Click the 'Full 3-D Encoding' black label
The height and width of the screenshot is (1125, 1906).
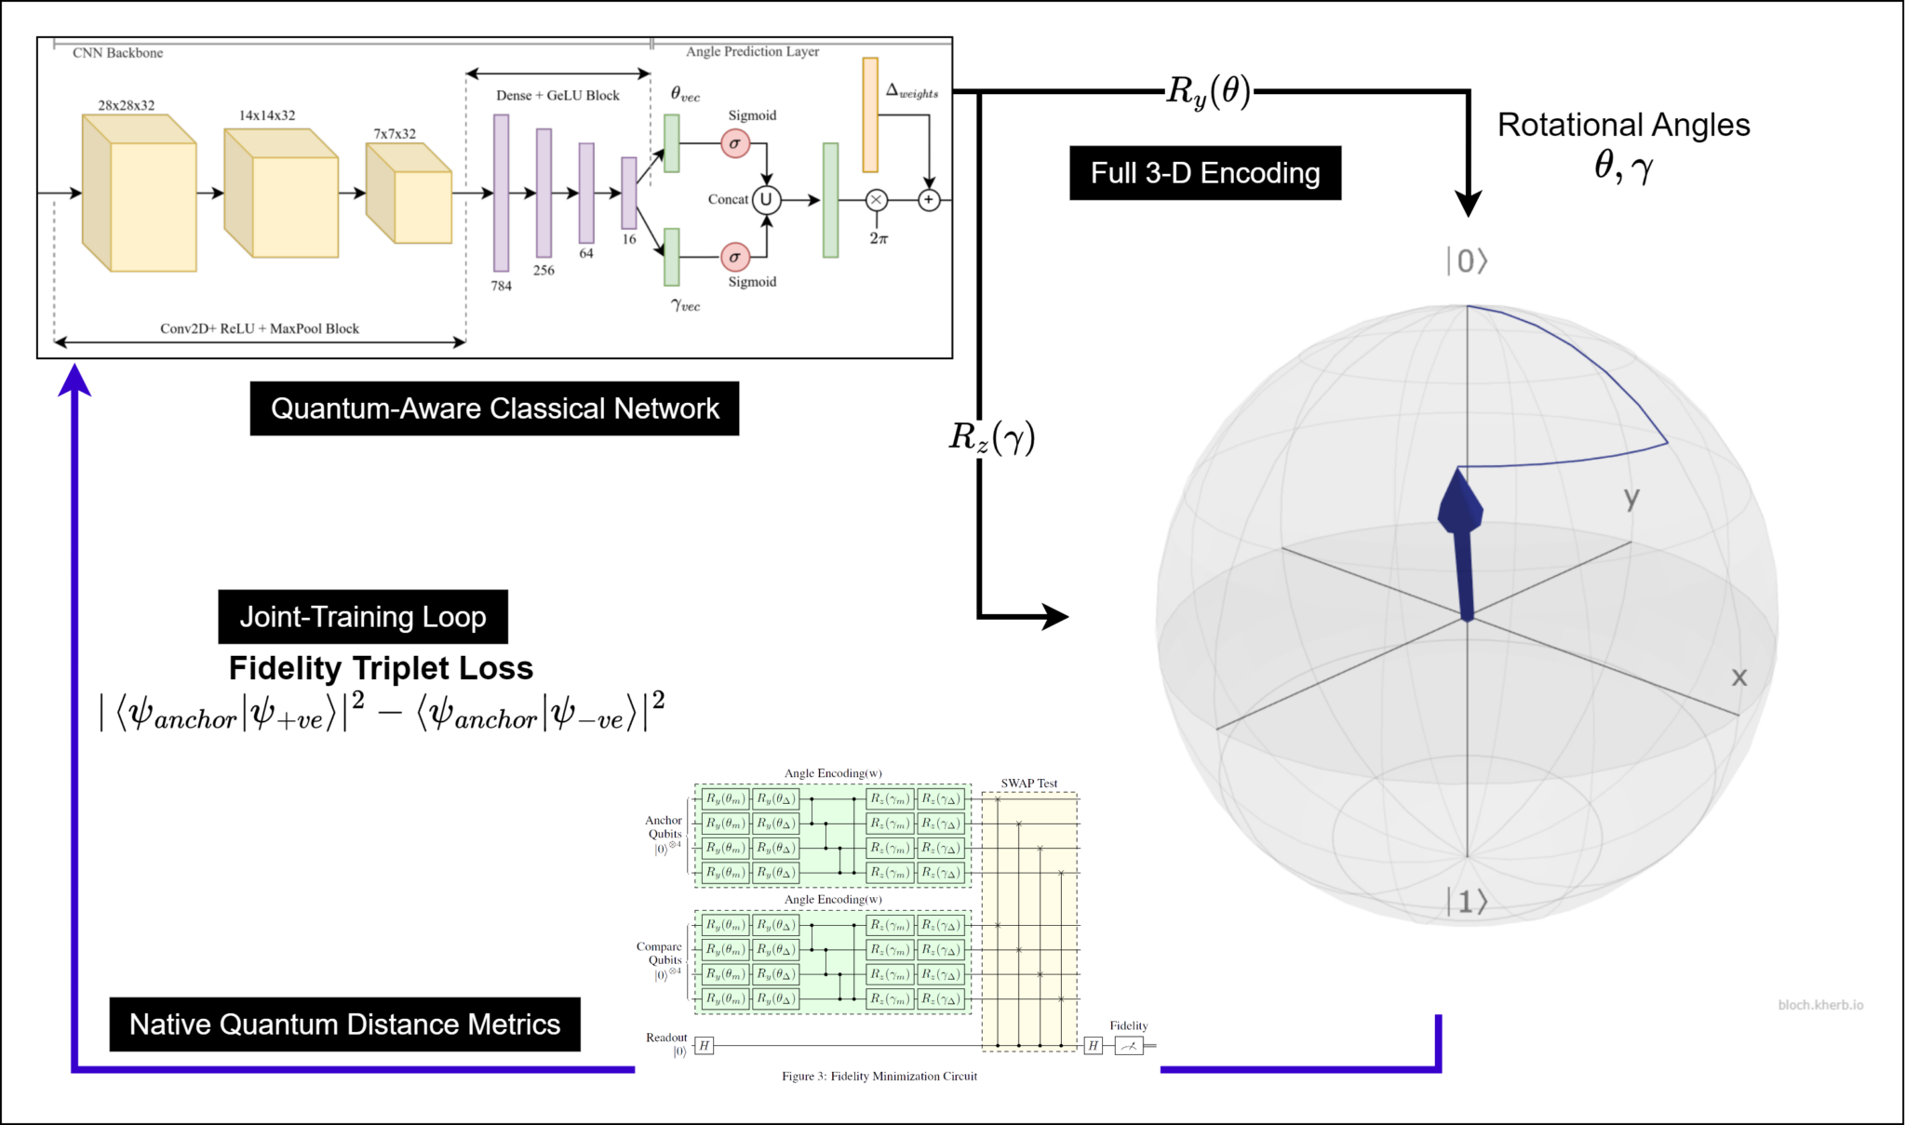click(1204, 173)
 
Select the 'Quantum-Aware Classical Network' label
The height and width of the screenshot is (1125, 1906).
click(494, 408)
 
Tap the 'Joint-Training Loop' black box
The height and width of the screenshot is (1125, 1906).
click(363, 617)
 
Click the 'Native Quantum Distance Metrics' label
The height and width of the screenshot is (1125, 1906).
click(344, 1025)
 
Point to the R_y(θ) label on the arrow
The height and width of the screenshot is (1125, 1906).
click(1208, 91)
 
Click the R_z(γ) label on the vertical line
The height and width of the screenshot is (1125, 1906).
click(991, 436)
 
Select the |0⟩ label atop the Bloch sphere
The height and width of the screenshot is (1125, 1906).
click(1467, 261)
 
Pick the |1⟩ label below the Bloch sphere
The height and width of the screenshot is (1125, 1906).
click(1467, 902)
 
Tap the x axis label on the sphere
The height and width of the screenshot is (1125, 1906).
click(1738, 677)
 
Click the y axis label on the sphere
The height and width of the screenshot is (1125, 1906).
click(1631, 498)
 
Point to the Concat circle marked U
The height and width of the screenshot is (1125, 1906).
click(766, 199)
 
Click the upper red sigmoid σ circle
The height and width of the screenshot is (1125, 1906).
click(734, 143)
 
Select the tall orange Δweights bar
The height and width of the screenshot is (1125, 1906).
click(870, 114)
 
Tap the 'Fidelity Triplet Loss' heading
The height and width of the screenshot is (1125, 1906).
click(381, 668)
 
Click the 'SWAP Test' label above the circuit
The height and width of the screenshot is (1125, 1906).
click(1028, 783)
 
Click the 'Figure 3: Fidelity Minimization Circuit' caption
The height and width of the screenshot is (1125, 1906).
click(879, 1077)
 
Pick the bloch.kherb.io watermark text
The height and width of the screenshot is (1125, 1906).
click(1819, 1005)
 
